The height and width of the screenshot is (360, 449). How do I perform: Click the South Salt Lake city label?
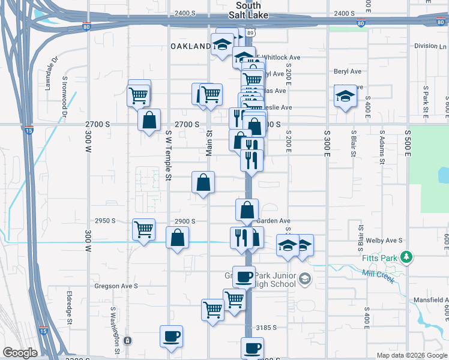249,10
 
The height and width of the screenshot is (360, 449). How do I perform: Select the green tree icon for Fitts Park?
407,257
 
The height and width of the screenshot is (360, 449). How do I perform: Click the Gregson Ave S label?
116,286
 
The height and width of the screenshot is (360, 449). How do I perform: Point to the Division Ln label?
426,46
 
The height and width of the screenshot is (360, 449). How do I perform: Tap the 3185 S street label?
266,328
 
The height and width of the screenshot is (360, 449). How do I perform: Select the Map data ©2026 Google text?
411,355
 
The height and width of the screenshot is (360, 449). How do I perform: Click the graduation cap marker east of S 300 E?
345,96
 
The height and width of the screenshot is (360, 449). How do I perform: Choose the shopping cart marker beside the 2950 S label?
143,229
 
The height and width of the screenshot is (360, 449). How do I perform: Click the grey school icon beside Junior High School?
305,278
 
